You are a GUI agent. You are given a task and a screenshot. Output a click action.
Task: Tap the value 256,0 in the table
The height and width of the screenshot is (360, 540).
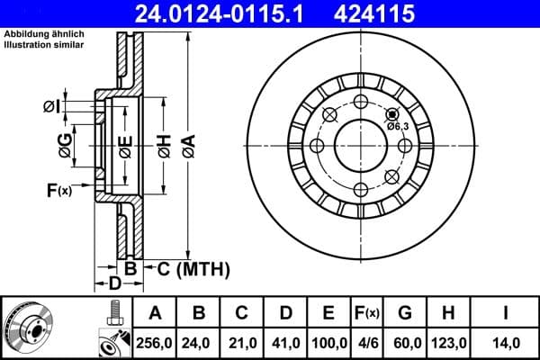click(154, 342)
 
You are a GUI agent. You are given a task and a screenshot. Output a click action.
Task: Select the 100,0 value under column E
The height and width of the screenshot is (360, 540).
click(328, 342)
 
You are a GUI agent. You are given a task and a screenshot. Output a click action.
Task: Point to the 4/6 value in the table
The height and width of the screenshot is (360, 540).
click(367, 342)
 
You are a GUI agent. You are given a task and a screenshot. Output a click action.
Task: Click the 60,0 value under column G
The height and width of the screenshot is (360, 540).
click(405, 342)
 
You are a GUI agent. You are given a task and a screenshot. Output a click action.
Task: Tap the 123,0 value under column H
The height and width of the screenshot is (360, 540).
click(447, 342)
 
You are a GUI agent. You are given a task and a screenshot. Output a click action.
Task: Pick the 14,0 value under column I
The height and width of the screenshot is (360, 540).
click(507, 342)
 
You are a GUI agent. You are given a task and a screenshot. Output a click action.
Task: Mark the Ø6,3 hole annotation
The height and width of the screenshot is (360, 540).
click(398, 126)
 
